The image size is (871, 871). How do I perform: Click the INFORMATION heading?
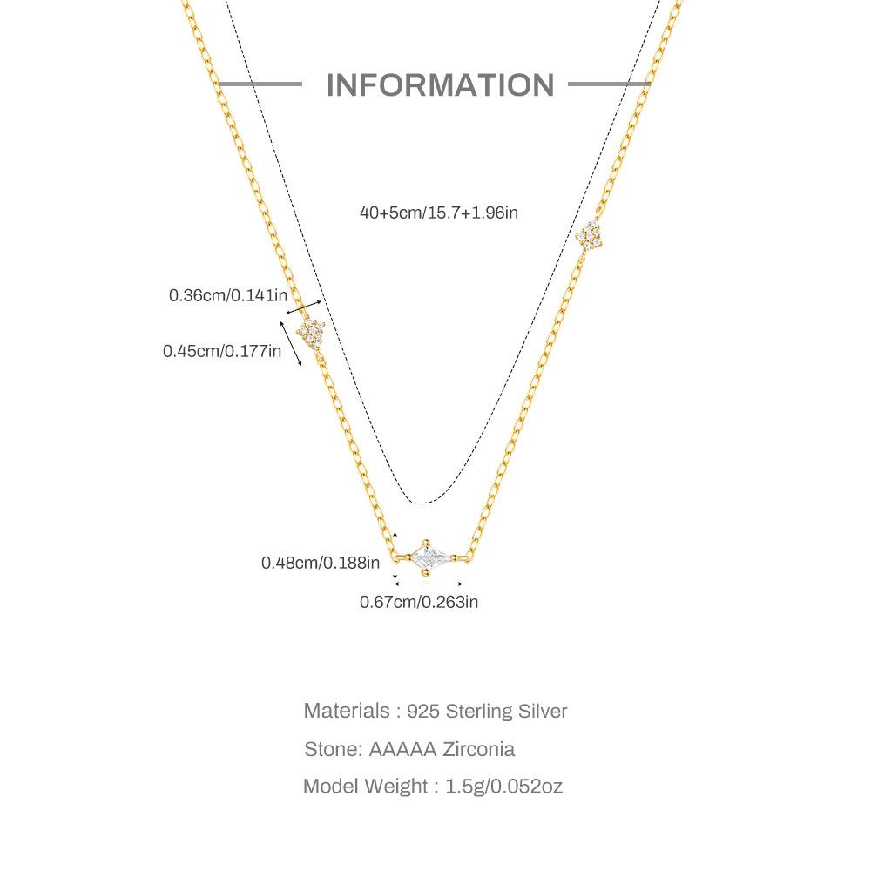[x=440, y=85]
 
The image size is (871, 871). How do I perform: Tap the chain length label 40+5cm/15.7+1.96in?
[x=439, y=212]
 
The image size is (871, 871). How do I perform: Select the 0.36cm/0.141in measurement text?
[x=227, y=295]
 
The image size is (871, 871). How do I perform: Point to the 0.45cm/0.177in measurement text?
[x=222, y=351]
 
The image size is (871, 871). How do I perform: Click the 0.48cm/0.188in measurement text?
[x=321, y=563]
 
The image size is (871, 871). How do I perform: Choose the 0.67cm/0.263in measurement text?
[x=419, y=601]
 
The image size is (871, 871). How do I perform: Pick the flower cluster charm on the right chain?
[x=591, y=233]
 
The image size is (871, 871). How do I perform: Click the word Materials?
[x=347, y=711]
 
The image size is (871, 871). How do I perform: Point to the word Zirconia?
[x=478, y=749]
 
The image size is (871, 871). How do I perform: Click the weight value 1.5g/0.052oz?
[x=504, y=787]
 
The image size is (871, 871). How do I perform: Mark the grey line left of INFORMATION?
[x=260, y=84]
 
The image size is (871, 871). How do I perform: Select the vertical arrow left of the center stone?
[x=395, y=557]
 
